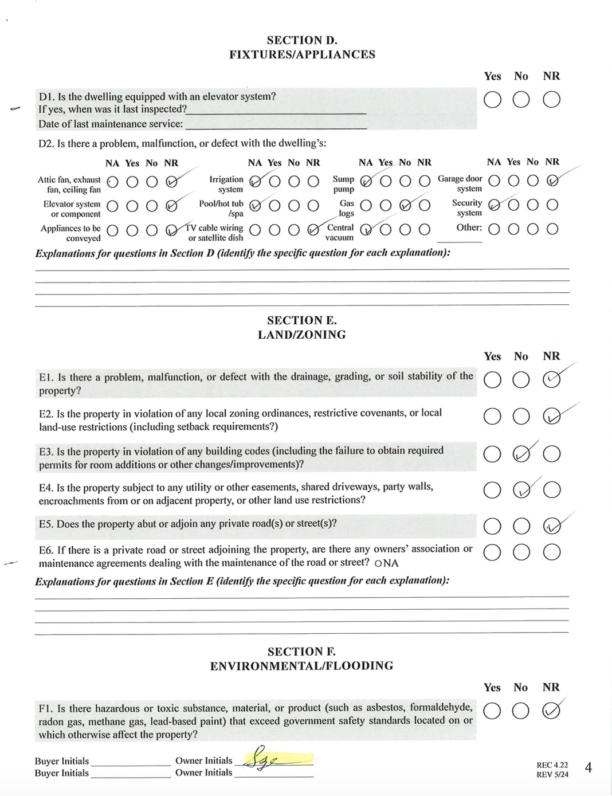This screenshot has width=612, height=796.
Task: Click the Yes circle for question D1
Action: (x=492, y=100)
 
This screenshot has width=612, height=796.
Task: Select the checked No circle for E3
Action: (x=521, y=454)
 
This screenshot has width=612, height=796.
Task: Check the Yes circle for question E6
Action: (x=492, y=552)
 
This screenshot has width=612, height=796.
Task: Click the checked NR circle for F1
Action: (x=551, y=711)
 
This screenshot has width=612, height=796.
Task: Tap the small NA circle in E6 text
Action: (x=378, y=563)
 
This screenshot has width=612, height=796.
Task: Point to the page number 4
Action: (x=588, y=767)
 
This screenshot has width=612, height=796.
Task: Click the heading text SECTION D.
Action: (x=302, y=40)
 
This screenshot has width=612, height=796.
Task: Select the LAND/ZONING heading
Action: (x=302, y=335)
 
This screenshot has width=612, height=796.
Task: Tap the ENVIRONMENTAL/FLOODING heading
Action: (x=302, y=666)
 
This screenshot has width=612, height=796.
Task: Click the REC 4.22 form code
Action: (x=552, y=765)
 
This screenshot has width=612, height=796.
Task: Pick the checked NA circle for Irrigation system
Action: (x=256, y=182)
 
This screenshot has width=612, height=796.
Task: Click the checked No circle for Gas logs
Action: (x=405, y=205)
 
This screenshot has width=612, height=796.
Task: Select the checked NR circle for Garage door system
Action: (x=552, y=181)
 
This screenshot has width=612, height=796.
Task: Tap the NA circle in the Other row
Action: (x=494, y=229)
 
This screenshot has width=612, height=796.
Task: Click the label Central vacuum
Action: (x=340, y=232)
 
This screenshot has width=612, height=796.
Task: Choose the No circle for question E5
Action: (x=521, y=526)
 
